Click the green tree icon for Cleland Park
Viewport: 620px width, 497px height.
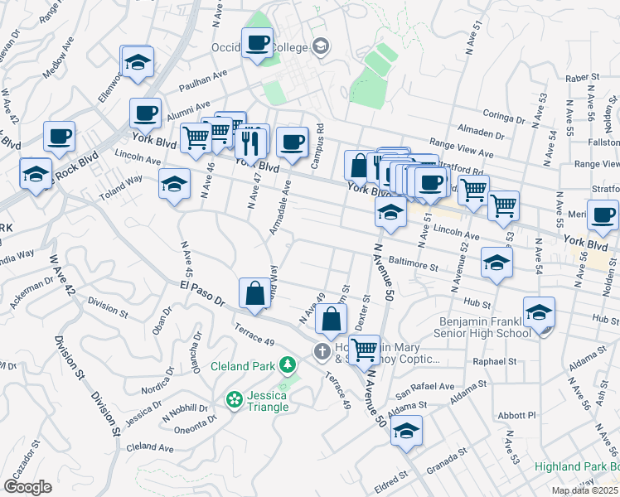pos(287,365)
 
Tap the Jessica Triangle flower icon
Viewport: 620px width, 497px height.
pos(234,399)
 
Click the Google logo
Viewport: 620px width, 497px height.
pos(27,487)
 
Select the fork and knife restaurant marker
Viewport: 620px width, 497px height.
pos(250,142)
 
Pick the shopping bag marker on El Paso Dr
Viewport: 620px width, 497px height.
pos(254,293)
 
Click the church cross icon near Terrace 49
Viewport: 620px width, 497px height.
pos(322,352)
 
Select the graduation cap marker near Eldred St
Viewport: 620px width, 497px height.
pos(406,431)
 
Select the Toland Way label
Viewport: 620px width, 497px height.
pos(123,179)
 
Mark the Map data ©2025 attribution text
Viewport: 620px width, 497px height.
pos(584,490)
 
